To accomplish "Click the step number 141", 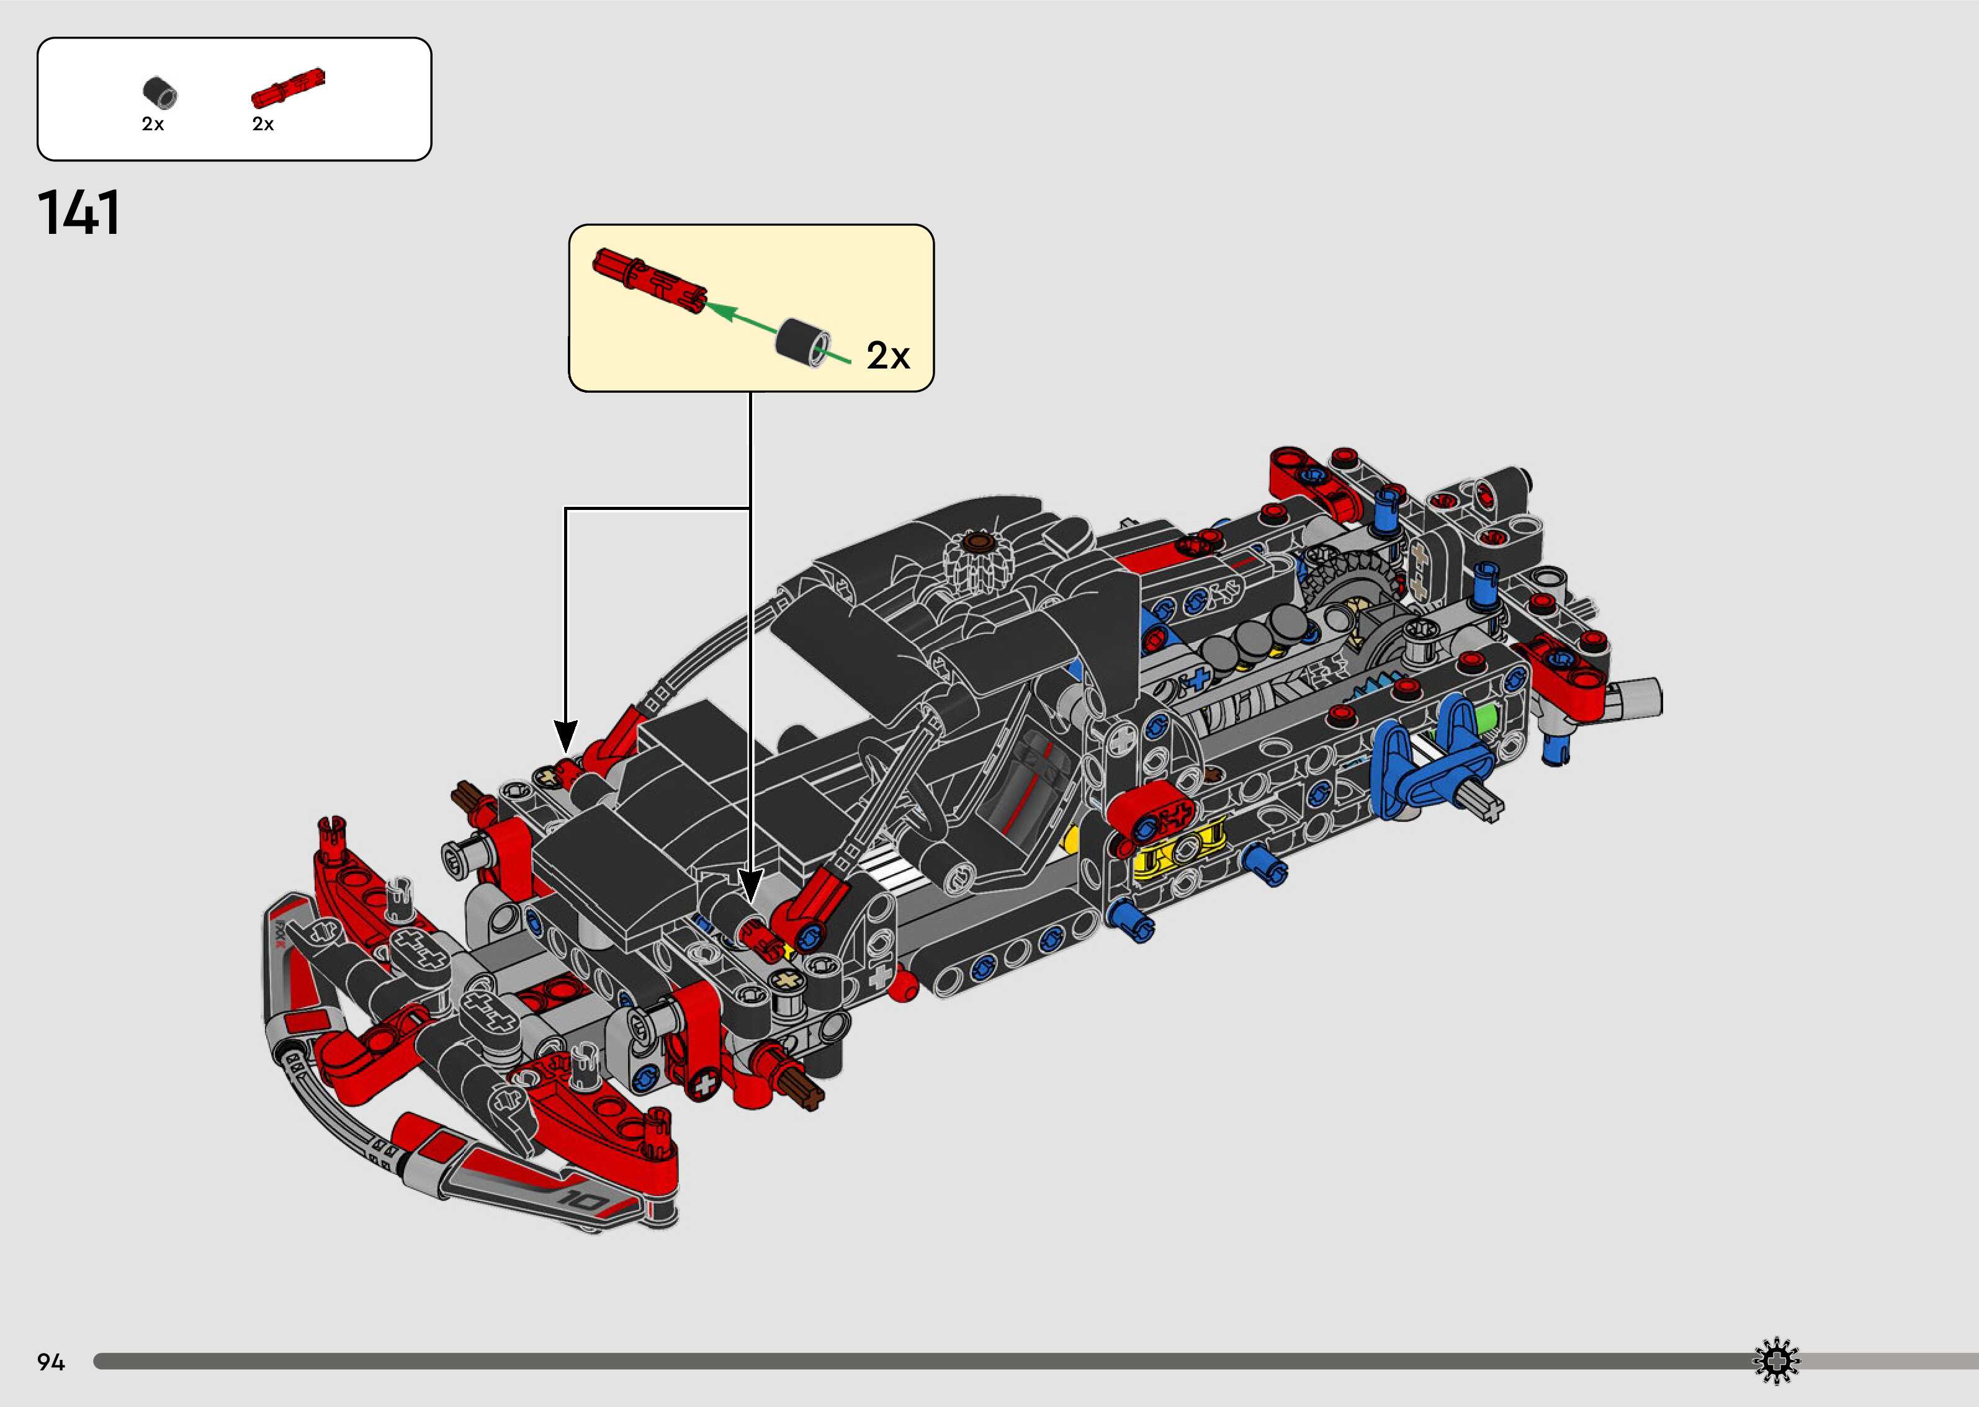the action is [x=79, y=213].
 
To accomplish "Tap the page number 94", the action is [x=51, y=1362].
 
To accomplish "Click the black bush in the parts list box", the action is [x=159, y=92].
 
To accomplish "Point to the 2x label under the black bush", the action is [x=153, y=125].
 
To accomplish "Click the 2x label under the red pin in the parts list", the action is [x=263, y=125].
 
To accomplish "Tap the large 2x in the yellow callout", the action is [x=888, y=356].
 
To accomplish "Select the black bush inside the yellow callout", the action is [x=802, y=343].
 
